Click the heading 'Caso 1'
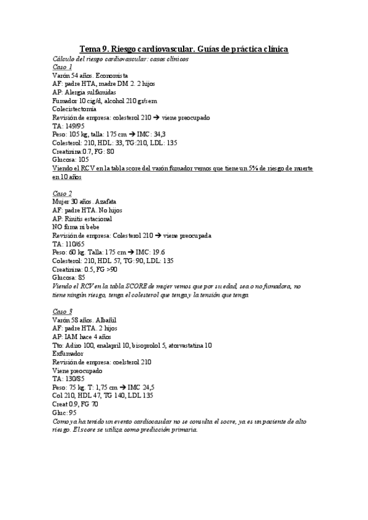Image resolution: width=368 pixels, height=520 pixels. (x=62, y=67)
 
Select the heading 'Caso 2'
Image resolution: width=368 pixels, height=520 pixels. (x=62, y=193)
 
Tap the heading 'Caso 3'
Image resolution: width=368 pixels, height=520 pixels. (x=62, y=311)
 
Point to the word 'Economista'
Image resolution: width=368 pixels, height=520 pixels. (x=111, y=75)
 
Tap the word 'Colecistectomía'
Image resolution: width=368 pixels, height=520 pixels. (x=74, y=108)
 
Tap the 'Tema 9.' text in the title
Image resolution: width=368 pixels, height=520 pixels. (x=93, y=49)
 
